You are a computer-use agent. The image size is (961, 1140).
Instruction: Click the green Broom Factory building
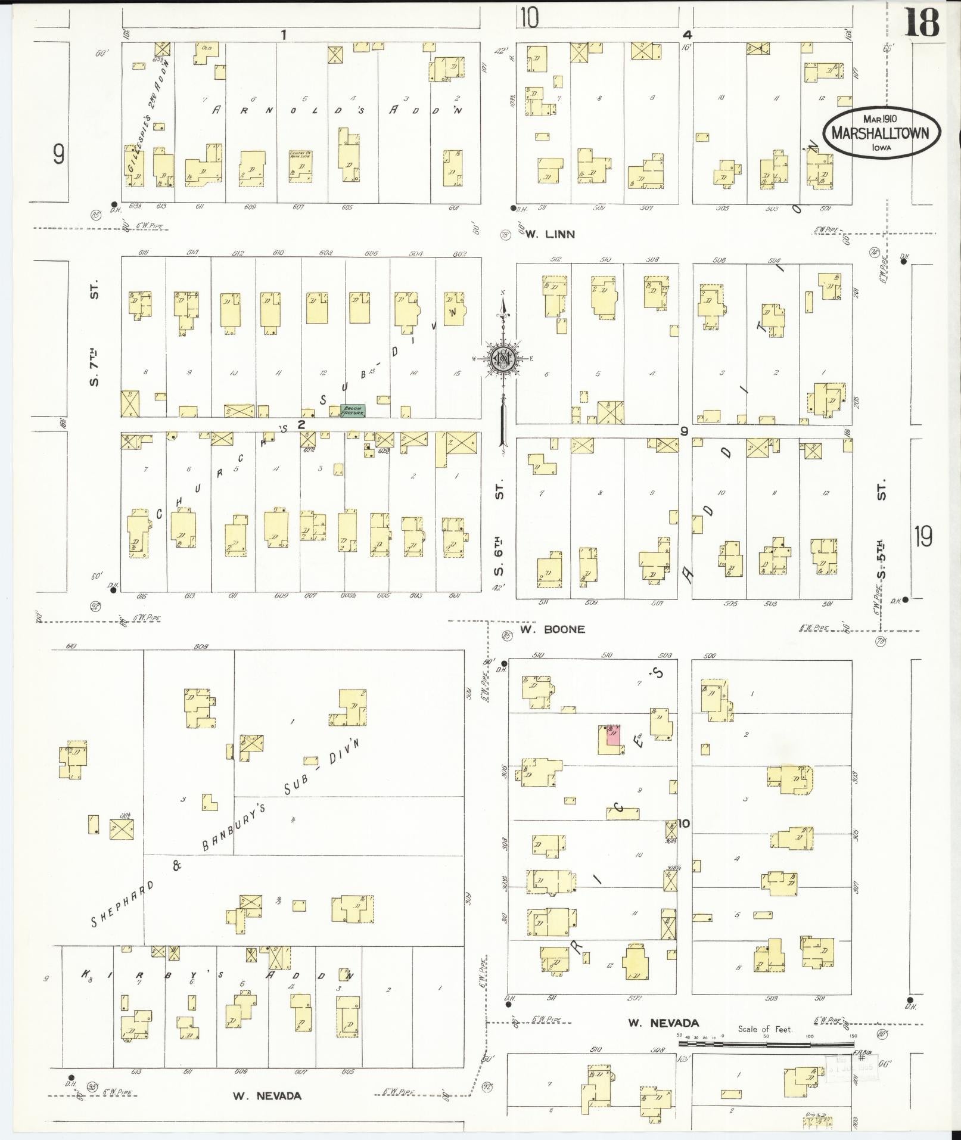[x=352, y=411]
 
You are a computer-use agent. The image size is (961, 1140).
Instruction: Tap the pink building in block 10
[x=613, y=735]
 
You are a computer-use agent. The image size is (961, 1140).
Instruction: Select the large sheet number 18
[x=923, y=23]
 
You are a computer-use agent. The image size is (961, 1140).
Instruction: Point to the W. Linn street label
[x=550, y=234]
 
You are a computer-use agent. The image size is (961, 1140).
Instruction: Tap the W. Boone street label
[x=552, y=629]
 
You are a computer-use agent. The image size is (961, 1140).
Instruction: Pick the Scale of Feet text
[x=765, y=1029]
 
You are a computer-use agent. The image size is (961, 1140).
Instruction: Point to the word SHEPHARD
[x=122, y=906]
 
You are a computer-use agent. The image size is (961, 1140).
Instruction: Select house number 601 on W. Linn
[x=455, y=208]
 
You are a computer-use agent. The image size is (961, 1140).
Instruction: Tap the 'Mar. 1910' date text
[x=880, y=119]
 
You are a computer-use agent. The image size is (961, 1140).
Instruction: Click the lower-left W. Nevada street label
[x=267, y=1096]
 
